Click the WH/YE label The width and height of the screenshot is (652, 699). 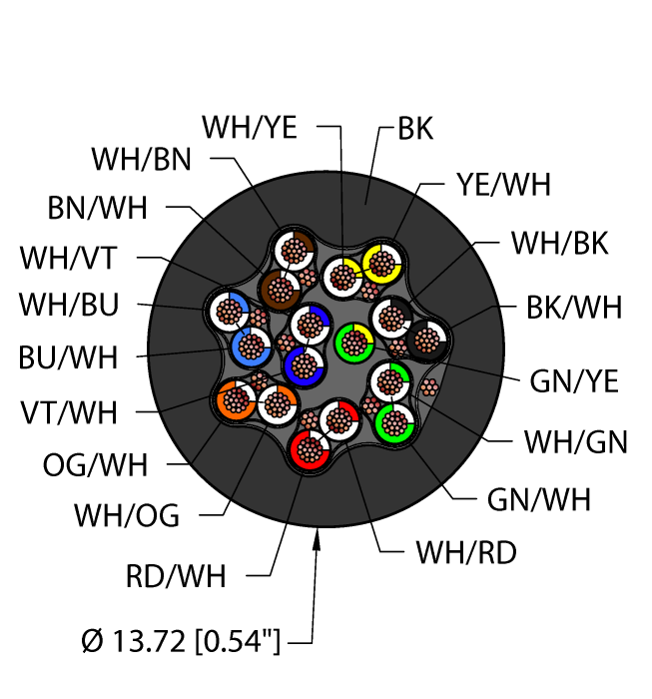(250, 128)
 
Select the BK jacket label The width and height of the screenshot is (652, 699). (415, 129)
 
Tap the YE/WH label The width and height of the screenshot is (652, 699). (503, 185)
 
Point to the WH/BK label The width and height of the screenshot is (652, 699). (560, 244)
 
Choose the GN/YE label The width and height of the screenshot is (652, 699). (574, 381)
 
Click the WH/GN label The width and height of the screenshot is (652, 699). (576, 442)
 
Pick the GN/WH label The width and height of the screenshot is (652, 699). (539, 499)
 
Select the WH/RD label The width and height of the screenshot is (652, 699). (466, 553)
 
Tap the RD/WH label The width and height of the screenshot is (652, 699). (176, 576)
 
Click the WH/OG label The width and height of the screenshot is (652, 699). (127, 516)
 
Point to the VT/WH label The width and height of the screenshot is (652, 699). (69, 412)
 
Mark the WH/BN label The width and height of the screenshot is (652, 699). (141, 160)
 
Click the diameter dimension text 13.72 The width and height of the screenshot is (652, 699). (148, 641)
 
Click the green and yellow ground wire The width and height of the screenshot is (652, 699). (354, 344)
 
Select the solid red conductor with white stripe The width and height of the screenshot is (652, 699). (310, 449)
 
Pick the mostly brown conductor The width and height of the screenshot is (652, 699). (280, 290)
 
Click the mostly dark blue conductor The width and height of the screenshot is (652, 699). (304, 366)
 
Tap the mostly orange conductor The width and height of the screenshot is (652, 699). (236, 399)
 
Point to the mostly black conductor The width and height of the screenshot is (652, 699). (427, 341)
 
